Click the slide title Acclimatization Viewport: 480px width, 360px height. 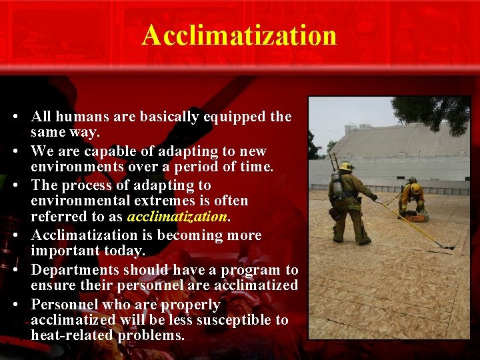(239, 35)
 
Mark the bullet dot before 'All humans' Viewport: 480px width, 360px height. (15, 117)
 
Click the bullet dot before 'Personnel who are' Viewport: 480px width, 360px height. (15, 305)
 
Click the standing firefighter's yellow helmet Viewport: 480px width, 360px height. (346, 166)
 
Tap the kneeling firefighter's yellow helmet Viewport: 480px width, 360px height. (416, 188)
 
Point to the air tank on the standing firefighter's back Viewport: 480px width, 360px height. (337, 187)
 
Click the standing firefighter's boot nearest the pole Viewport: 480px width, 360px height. (364, 241)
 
